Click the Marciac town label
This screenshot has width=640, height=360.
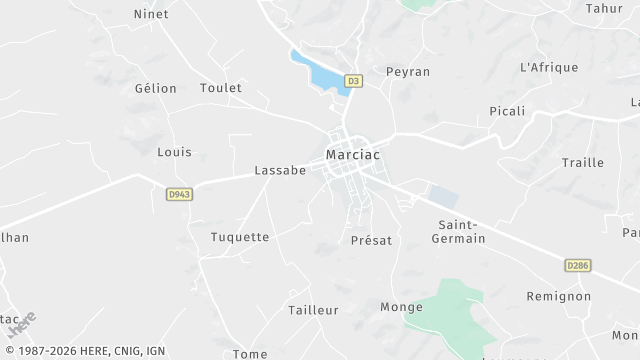click(x=352, y=155)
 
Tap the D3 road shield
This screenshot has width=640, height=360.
click(x=353, y=81)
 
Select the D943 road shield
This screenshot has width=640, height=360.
click(x=179, y=195)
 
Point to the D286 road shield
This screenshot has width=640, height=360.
click(x=577, y=265)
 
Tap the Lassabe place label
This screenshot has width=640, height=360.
click(x=280, y=171)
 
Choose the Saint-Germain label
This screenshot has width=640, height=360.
click(x=458, y=232)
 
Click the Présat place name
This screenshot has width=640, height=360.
click(x=371, y=241)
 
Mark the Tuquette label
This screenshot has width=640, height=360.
click(x=240, y=237)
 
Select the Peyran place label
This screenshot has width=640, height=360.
click(x=408, y=73)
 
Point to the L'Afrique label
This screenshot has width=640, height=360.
click(x=549, y=67)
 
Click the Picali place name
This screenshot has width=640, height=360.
click(x=507, y=111)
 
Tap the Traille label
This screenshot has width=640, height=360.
click(x=582, y=163)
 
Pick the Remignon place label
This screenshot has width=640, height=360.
click(x=560, y=297)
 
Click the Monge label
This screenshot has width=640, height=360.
click(x=402, y=307)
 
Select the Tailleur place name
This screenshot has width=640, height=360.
click(x=314, y=311)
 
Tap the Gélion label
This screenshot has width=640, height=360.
click(x=155, y=88)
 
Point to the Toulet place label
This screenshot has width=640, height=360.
click(x=221, y=88)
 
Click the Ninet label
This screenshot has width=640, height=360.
click(x=150, y=14)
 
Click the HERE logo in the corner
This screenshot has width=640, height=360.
click(x=21, y=324)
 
